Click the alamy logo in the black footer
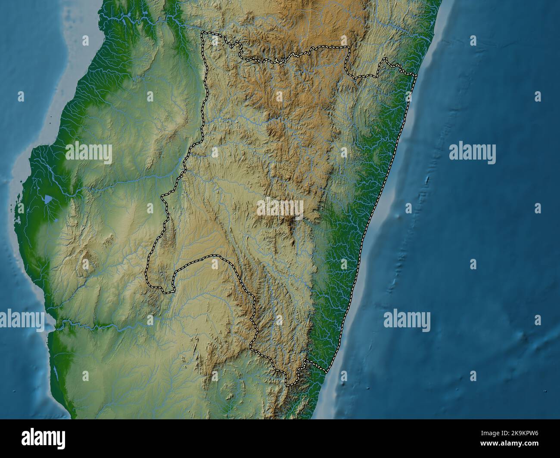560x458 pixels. (44, 439)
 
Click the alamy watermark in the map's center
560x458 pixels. (280, 209)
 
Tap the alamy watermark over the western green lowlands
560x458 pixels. (89, 153)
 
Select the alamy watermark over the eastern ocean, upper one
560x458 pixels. (472, 153)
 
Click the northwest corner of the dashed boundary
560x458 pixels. (203, 32)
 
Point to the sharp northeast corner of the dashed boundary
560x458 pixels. (348, 47)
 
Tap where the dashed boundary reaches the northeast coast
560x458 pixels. (416, 76)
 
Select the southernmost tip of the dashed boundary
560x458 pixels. (288, 384)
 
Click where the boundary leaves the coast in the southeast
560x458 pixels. (328, 371)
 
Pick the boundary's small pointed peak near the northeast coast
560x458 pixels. (386, 59)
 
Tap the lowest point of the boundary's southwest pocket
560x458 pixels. (166, 292)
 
